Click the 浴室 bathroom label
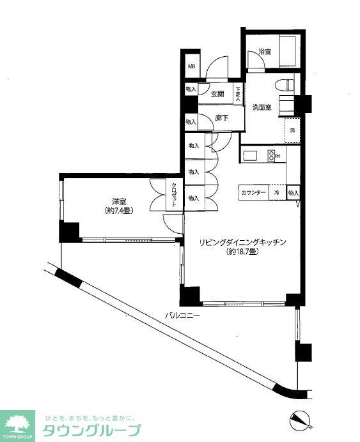(x=265, y=52)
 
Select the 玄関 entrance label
(x=217, y=94)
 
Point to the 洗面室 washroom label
(x=262, y=107)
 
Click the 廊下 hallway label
(x=221, y=118)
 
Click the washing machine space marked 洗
(x=293, y=130)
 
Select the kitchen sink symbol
(x=249, y=155)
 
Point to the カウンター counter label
(x=254, y=192)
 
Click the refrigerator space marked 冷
(x=278, y=192)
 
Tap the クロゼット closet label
(x=173, y=195)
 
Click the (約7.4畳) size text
(x=119, y=211)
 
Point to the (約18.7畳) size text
(x=241, y=252)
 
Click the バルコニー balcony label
(x=182, y=315)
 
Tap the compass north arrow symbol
(x=299, y=420)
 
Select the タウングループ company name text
(x=90, y=430)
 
